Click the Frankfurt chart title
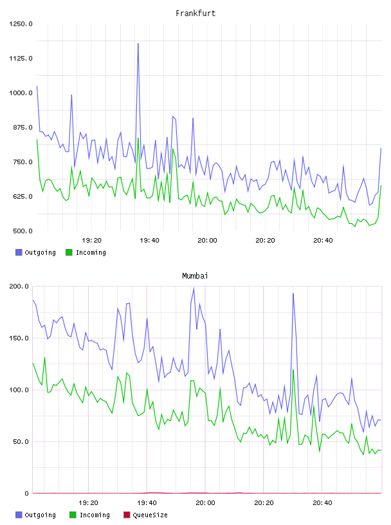click(x=195, y=13)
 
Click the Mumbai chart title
click(x=195, y=275)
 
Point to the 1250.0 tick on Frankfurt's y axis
click(x=21, y=24)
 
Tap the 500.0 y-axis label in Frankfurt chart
click(x=23, y=231)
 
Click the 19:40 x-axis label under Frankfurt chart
click(x=149, y=240)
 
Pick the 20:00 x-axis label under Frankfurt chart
click(x=207, y=240)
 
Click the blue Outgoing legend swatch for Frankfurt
click(x=19, y=252)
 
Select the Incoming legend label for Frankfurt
click(x=91, y=252)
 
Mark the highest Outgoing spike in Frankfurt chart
click(x=138, y=44)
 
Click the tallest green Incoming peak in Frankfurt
click(x=138, y=138)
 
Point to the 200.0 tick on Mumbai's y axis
click(x=19, y=286)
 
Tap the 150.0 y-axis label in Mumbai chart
click(x=19, y=338)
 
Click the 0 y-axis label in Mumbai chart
click(x=26, y=493)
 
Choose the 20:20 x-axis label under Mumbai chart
click(x=264, y=502)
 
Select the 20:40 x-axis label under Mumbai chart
click(x=322, y=502)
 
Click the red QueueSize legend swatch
click(x=127, y=515)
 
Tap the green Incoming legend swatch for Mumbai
click(x=73, y=515)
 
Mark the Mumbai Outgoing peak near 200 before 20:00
click(x=194, y=288)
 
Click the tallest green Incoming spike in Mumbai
click(x=293, y=370)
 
